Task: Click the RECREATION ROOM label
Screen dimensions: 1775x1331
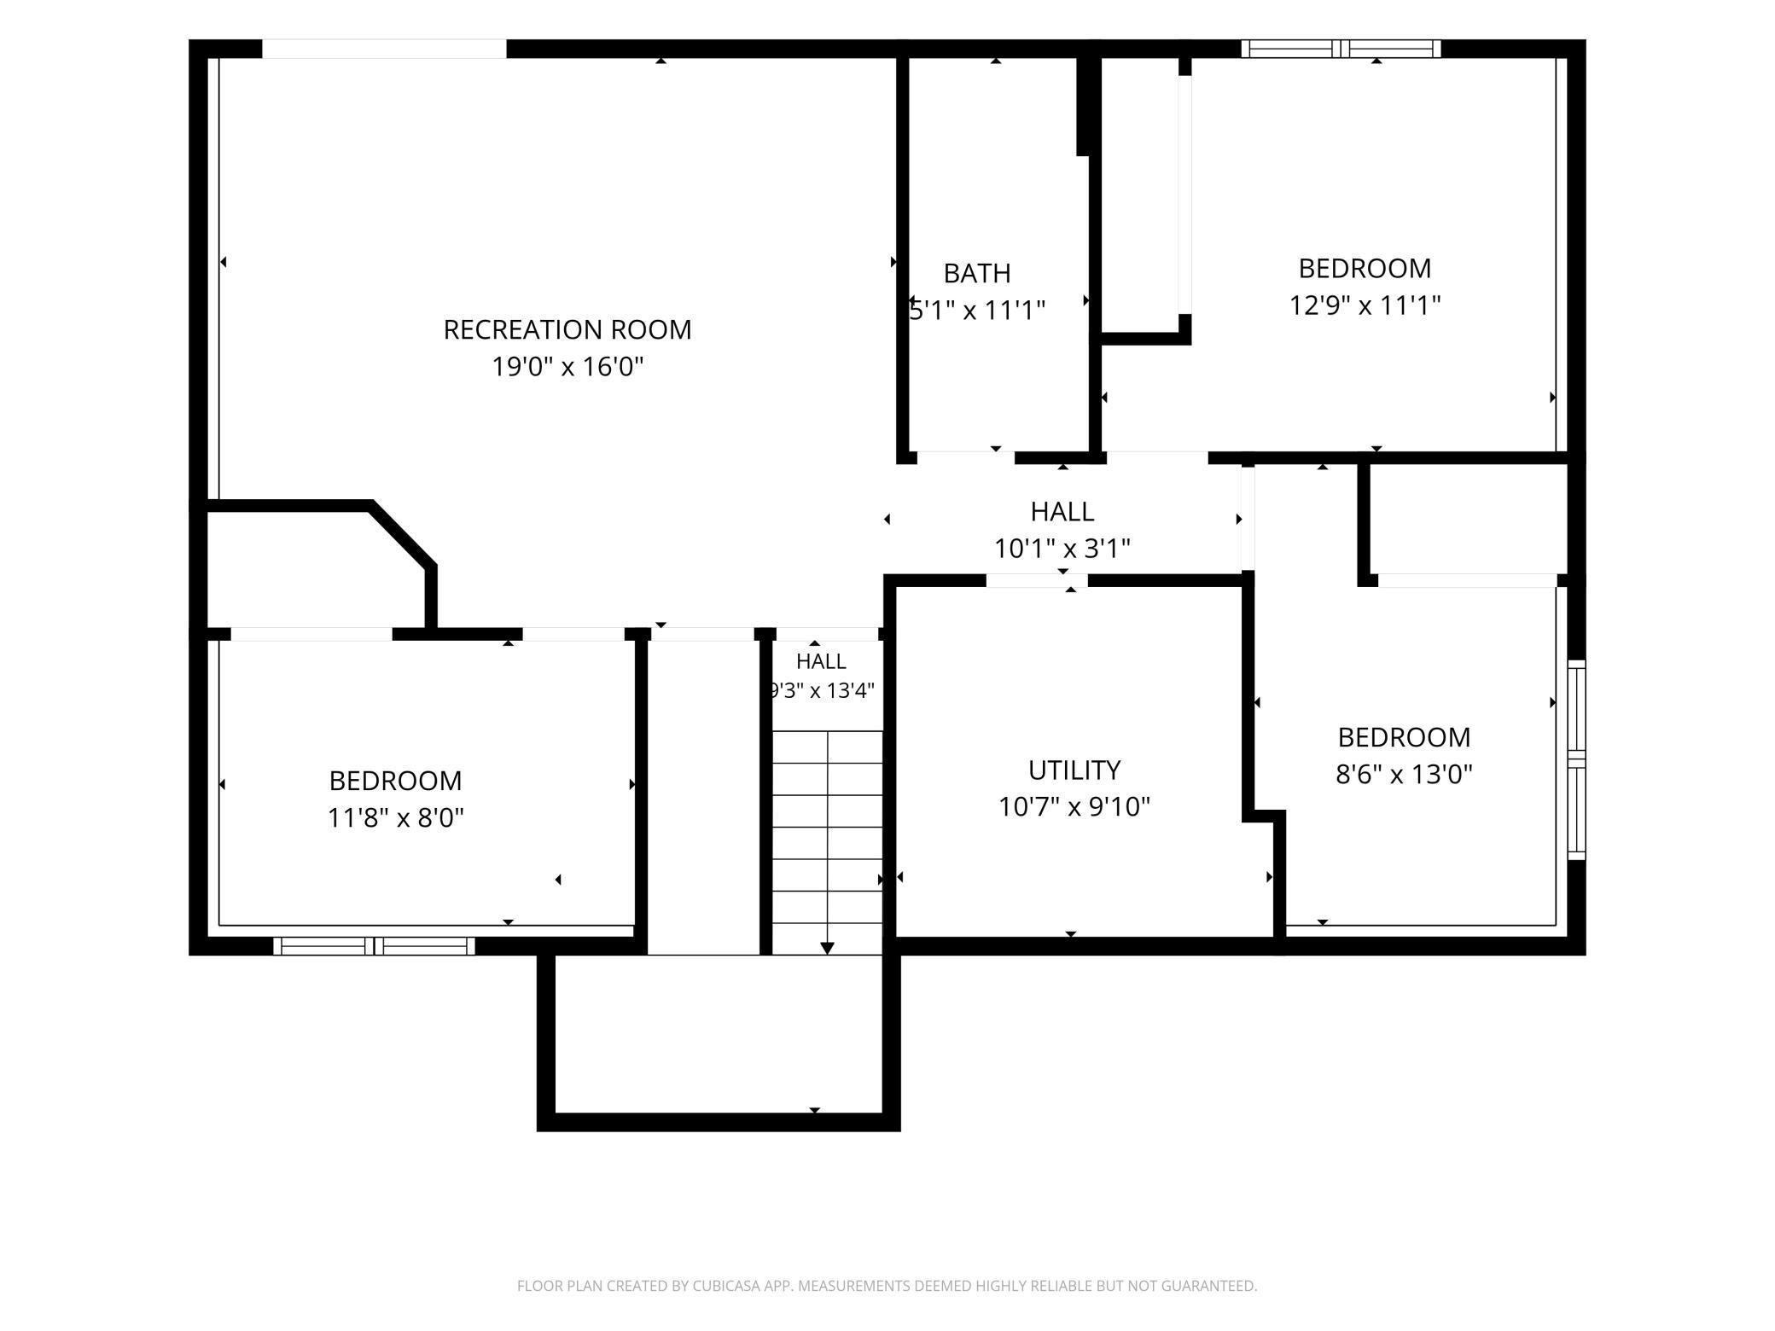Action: coord(567,329)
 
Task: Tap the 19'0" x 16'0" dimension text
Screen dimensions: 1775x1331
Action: coord(567,367)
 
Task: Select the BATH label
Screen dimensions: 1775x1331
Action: coord(977,273)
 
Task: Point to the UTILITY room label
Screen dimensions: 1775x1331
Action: coord(1074,770)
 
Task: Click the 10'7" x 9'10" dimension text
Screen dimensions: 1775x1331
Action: coord(1074,806)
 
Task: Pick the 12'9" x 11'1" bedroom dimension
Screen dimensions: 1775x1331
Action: coord(1365,305)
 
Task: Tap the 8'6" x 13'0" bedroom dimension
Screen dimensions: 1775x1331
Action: coord(1404,774)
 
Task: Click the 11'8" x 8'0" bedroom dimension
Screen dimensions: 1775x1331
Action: coord(396,818)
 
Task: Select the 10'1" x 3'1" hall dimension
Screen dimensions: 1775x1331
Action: coord(1062,548)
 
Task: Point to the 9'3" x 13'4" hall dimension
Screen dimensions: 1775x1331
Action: coord(822,690)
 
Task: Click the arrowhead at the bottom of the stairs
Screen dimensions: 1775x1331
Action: coord(827,948)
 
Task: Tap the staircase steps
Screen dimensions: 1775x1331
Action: coord(827,842)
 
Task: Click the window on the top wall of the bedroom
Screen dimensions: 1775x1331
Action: coord(1341,49)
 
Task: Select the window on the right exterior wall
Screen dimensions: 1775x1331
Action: coord(1576,759)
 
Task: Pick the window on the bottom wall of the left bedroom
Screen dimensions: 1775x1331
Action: coord(374,945)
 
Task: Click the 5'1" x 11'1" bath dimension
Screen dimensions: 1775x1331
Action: coord(977,310)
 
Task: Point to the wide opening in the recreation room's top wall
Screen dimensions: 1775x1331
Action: coord(384,49)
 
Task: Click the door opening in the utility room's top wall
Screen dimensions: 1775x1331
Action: coord(1037,581)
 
